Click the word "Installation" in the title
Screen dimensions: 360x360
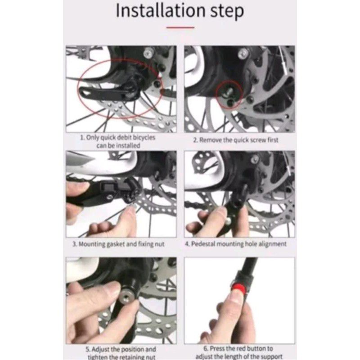pos(161,10)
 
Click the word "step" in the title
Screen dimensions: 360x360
pos(227,12)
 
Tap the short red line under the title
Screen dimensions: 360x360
pos(180,27)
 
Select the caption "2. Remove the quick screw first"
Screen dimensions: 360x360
pos(236,140)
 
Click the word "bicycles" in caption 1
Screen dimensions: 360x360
pos(144,138)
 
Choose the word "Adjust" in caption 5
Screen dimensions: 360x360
pos(100,350)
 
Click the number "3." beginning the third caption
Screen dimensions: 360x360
pos(75,244)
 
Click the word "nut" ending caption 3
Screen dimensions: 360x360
pos(160,244)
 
